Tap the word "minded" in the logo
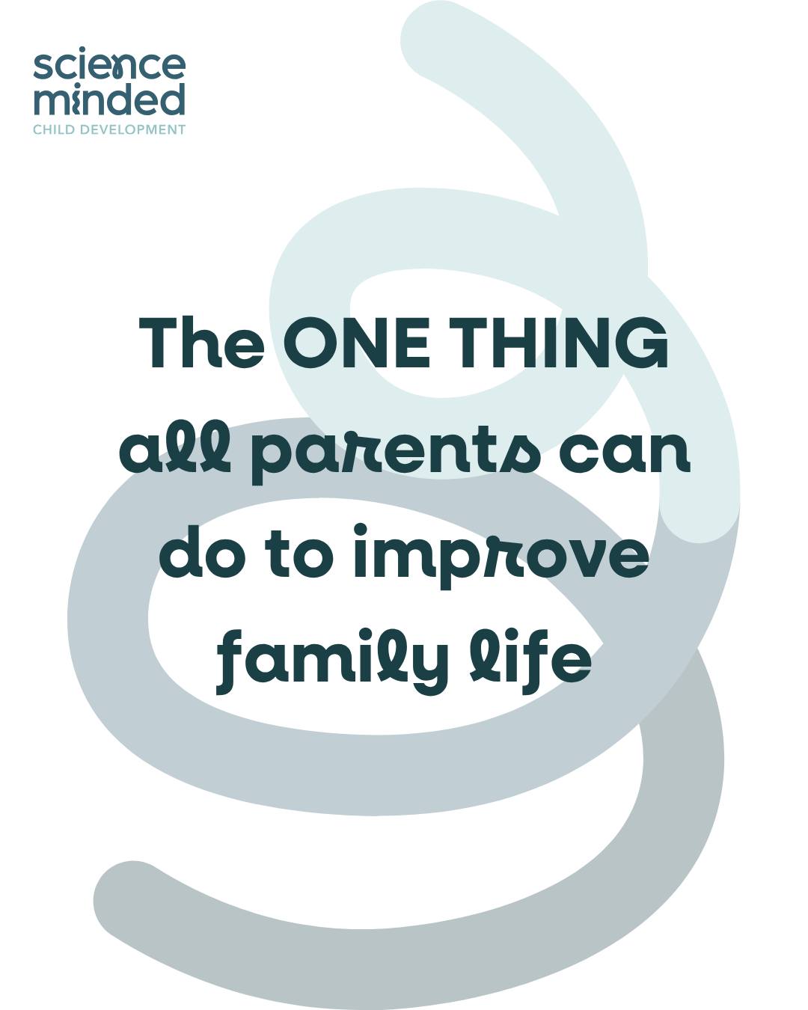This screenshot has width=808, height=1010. (x=109, y=99)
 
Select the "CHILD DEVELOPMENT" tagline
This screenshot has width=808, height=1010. (x=109, y=129)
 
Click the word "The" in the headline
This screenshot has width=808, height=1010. (x=201, y=343)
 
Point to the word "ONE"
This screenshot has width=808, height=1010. (x=357, y=343)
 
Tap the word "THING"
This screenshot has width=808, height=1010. (x=561, y=343)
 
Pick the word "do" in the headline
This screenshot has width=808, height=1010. (x=203, y=554)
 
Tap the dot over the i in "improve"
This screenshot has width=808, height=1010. (x=360, y=530)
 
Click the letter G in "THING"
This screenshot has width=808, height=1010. (x=643, y=343)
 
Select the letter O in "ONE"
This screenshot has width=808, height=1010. (x=309, y=343)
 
